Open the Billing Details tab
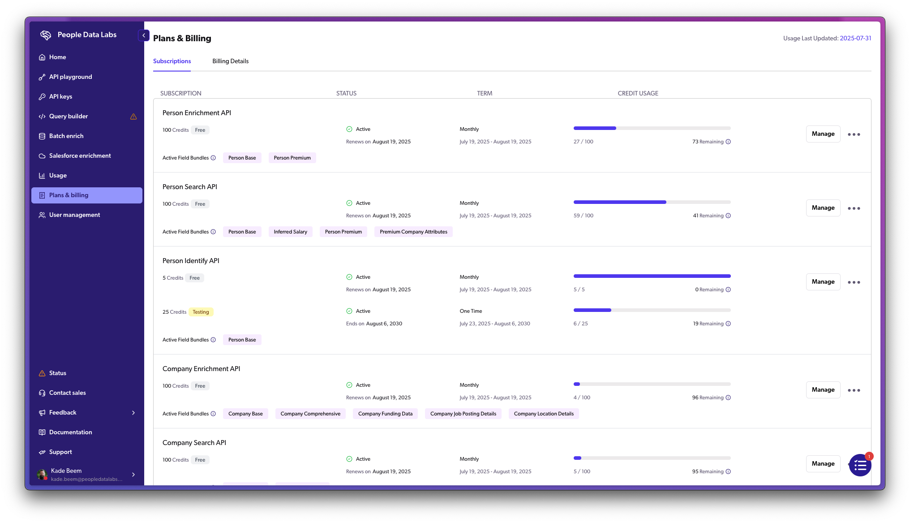(x=230, y=61)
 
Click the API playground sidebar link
(x=70, y=77)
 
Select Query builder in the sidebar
(x=69, y=117)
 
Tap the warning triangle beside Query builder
(x=133, y=117)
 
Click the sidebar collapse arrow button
(x=144, y=35)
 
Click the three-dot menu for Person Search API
(x=854, y=208)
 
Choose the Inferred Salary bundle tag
(x=290, y=232)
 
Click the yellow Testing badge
(x=201, y=312)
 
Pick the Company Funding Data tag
(x=385, y=414)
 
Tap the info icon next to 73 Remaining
(x=728, y=142)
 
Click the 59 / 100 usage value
(x=583, y=216)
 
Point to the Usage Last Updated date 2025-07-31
(x=855, y=39)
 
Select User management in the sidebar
(x=74, y=215)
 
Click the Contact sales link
(x=67, y=393)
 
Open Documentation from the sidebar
(x=70, y=432)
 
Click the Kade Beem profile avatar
(x=42, y=475)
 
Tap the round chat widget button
(x=860, y=466)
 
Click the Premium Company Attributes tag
(x=413, y=232)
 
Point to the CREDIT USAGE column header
(x=638, y=94)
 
